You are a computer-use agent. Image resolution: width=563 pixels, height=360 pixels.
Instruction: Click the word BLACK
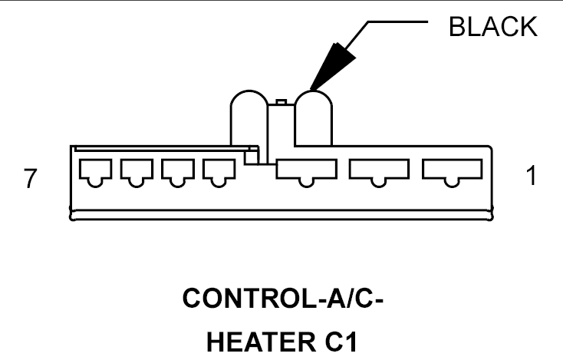click(493, 27)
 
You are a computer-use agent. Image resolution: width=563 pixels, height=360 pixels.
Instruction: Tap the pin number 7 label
click(30, 178)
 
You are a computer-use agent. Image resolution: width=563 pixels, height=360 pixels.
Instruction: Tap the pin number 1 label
click(532, 175)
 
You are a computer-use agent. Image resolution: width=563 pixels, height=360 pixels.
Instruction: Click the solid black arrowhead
click(332, 67)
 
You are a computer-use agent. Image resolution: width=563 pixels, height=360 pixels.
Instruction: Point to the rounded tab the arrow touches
click(313, 118)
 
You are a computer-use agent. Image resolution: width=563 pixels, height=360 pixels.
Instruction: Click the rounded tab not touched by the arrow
click(249, 118)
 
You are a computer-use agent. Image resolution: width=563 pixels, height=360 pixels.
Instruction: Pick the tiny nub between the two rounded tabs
click(281, 102)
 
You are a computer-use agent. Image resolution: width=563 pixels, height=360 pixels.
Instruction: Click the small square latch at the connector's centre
click(252, 157)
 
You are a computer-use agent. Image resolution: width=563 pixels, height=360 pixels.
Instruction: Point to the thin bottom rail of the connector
click(281, 215)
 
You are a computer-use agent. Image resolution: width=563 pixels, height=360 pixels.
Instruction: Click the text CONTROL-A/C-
click(283, 298)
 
